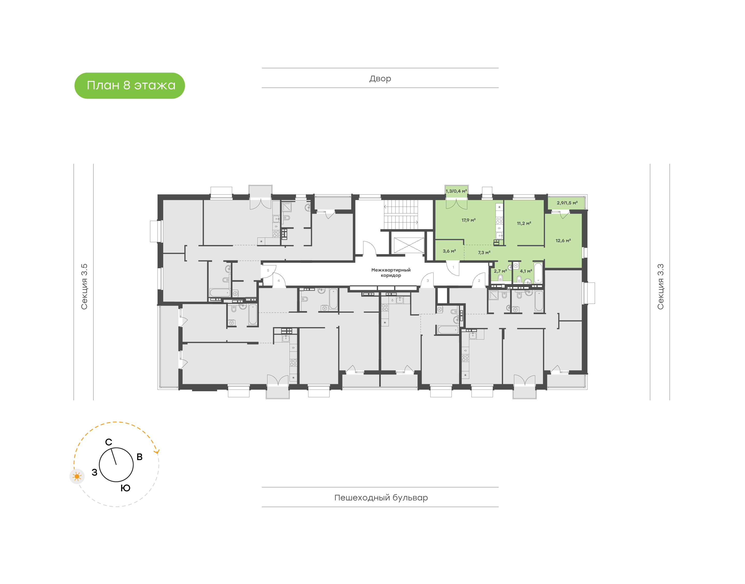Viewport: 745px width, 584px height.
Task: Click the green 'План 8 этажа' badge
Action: point(130,86)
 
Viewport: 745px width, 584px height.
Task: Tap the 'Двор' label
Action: point(380,79)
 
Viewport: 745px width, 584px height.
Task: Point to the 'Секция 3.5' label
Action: point(84,287)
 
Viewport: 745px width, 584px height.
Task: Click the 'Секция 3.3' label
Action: point(660,287)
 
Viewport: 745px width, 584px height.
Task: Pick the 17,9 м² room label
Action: point(468,220)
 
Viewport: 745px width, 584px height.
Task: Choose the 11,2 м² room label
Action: point(524,223)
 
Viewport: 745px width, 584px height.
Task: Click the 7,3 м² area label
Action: point(484,253)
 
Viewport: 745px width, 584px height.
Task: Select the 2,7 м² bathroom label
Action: point(500,271)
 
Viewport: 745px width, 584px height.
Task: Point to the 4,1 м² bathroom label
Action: point(526,271)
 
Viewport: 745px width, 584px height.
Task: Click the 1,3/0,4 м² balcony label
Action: point(456,191)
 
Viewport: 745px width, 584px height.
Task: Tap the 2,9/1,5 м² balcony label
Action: point(567,203)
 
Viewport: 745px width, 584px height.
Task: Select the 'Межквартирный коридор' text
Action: point(391,273)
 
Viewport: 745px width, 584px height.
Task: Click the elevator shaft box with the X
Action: point(409,245)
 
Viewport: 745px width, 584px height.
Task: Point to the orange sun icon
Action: point(77,476)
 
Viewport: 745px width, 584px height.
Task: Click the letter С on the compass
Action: point(108,442)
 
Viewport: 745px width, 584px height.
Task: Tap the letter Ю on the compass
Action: point(126,488)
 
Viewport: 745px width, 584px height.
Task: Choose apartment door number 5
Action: point(268,271)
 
